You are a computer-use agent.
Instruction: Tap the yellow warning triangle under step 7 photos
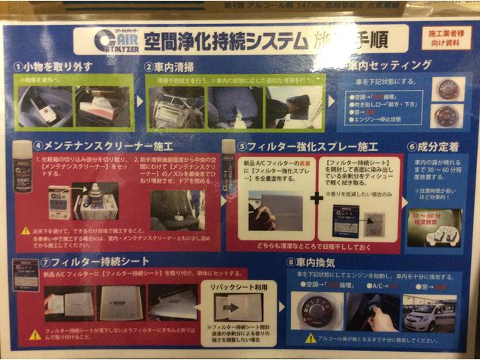point(35,334)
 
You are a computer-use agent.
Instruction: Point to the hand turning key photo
point(372,313)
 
